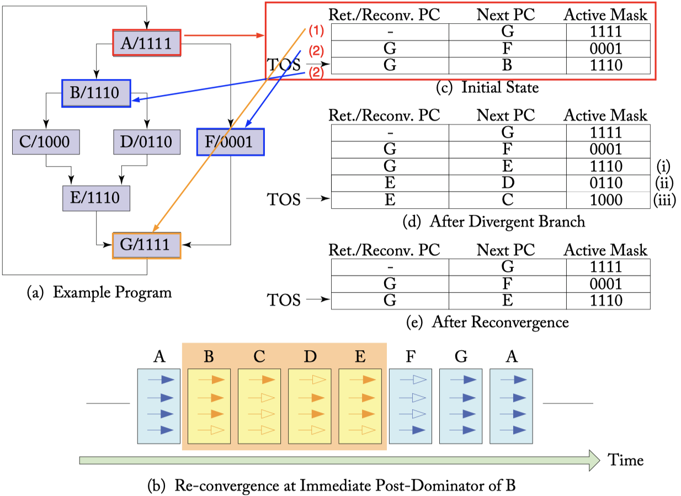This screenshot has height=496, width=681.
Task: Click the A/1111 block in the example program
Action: tap(147, 43)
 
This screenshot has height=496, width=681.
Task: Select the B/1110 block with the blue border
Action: tap(96, 93)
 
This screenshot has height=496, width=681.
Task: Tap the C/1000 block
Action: tap(46, 142)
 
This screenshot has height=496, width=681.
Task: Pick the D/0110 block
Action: tap(147, 142)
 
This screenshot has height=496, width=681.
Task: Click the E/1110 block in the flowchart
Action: tap(96, 198)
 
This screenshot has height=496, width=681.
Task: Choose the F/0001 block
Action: tap(231, 142)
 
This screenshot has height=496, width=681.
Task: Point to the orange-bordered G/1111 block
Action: tap(147, 246)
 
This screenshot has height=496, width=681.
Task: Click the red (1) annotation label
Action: tap(316, 31)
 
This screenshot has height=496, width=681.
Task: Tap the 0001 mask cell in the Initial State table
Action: tap(608, 49)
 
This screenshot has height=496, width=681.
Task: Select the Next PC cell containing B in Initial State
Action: tap(507, 66)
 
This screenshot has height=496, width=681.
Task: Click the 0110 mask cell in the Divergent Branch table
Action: tap(608, 183)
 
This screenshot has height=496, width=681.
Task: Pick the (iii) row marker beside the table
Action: tap(664, 200)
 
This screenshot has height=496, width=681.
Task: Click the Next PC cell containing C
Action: tap(507, 200)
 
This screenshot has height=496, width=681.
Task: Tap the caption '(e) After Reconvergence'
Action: tap(487, 322)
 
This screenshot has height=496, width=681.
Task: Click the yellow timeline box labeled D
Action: tap(310, 406)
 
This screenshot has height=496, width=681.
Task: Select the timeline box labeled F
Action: tap(411, 406)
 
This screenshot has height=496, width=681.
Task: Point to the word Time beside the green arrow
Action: tap(625, 460)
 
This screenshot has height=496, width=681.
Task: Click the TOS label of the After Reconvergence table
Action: tap(284, 300)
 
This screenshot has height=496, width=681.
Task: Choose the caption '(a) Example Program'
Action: tap(99, 293)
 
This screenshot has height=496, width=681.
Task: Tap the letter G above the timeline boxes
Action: tap(461, 356)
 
